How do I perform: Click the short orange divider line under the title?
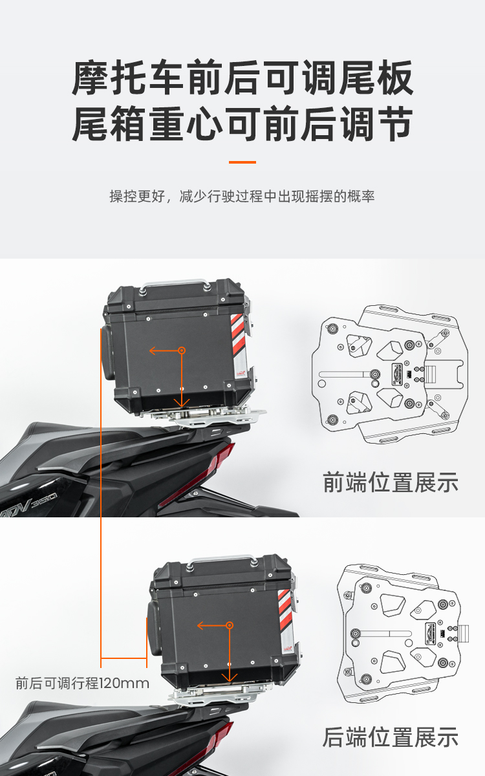point(242,162)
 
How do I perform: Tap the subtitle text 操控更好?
point(137,197)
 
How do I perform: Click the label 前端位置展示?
point(391,482)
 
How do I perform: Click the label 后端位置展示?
point(391,737)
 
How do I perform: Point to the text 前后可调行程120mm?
point(83,684)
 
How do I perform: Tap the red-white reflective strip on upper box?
point(240,343)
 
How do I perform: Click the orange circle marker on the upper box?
point(182,350)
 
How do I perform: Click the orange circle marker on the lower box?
point(230,625)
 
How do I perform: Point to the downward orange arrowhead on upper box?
point(182,404)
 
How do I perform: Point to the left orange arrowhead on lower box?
point(200,625)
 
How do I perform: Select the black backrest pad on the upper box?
point(107,353)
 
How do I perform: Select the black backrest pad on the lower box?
point(154,628)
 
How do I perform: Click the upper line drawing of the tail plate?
point(390,374)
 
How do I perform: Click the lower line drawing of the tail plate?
point(403,633)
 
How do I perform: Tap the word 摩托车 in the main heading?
point(128,78)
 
